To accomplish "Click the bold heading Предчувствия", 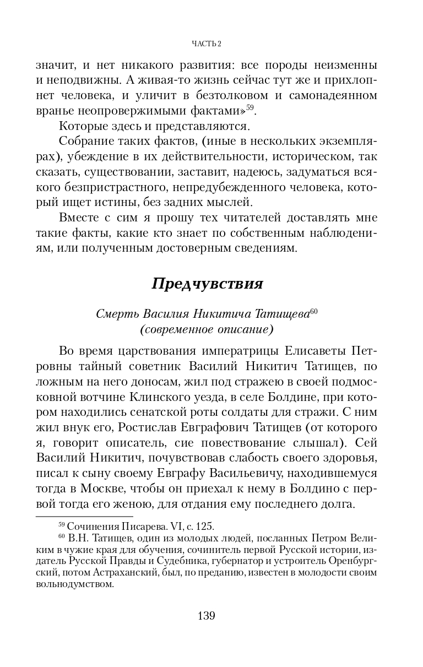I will (x=207, y=284).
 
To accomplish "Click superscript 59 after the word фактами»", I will (x=249, y=106).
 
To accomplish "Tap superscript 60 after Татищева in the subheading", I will (x=314, y=312).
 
